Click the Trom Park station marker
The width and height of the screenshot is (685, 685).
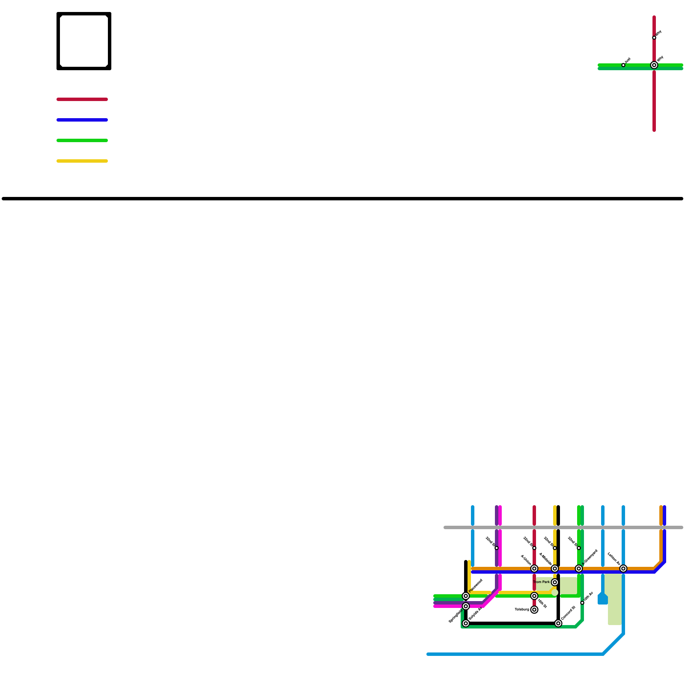click(555, 582)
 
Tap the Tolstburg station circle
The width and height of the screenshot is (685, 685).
click(534, 610)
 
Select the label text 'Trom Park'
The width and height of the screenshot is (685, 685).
click(542, 582)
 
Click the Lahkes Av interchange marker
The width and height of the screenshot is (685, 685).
click(623, 569)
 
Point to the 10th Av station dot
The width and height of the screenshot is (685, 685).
click(582, 603)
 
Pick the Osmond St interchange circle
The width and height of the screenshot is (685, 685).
click(558, 623)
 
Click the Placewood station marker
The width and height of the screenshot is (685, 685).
click(466, 596)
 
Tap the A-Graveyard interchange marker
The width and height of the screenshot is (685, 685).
click(579, 569)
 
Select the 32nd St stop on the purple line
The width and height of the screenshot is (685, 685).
click(497, 548)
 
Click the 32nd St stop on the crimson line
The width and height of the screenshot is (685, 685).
click(534, 548)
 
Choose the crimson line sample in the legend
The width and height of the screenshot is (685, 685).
click(82, 99)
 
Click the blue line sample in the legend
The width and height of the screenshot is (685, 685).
click(82, 120)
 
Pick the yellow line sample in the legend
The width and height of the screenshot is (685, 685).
click(82, 161)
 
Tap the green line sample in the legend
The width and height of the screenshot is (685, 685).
click(82, 140)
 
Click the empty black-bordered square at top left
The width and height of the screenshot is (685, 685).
click(84, 41)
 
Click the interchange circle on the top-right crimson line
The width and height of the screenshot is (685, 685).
click(654, 65)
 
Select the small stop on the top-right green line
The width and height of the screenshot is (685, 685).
click(623, 65)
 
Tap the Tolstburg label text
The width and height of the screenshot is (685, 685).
click(522, 609)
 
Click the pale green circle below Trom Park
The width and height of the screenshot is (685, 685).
click(555, 593)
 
